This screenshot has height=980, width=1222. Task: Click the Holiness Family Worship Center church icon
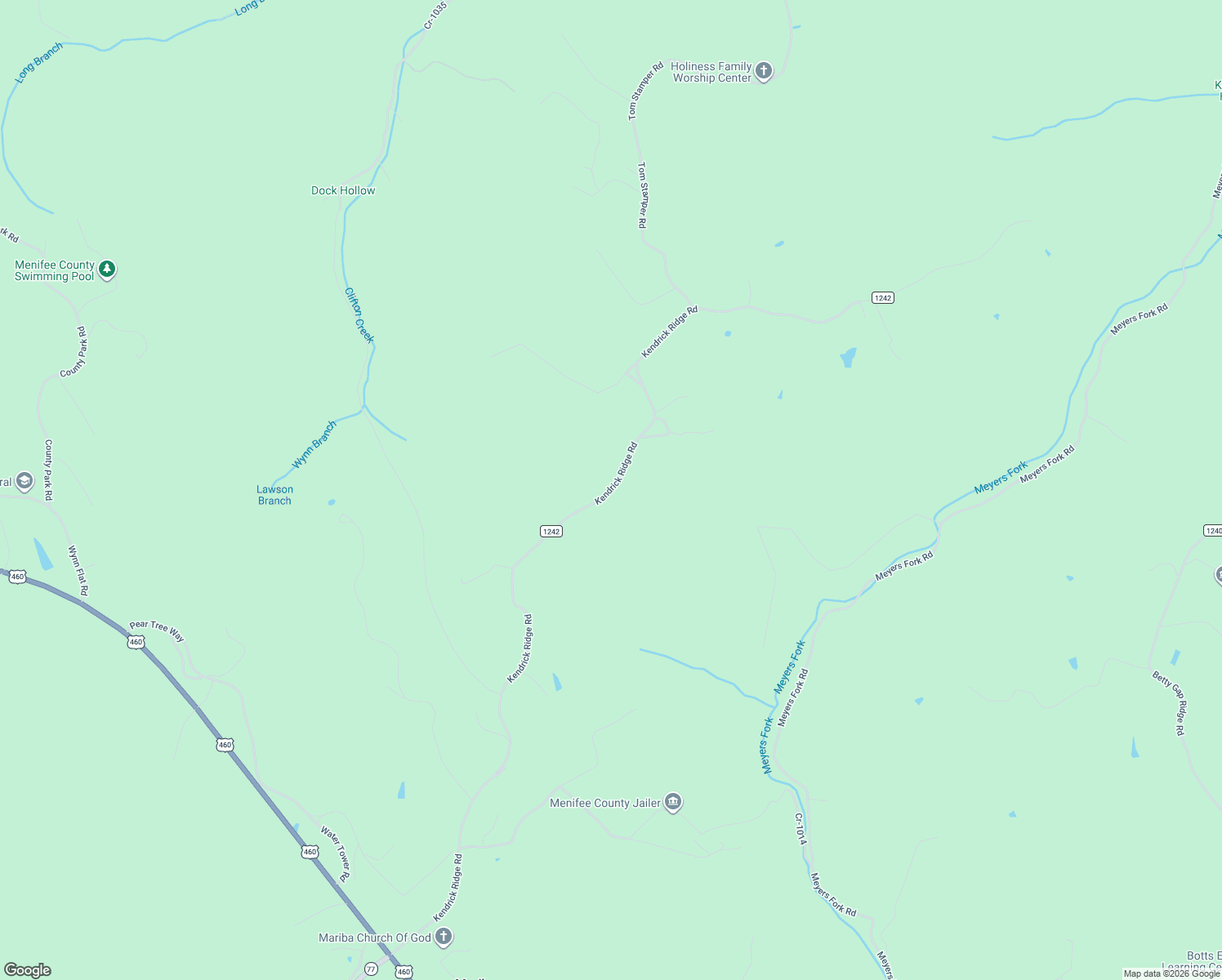pos(764,71)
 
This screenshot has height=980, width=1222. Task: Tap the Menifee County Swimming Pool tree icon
pos(107,269)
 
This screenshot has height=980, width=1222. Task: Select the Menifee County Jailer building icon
pos(672,802)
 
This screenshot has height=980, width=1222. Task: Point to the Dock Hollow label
pos(343,190)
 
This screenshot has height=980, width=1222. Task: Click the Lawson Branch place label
pos(274,495)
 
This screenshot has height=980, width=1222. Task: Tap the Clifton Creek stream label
pos(359,314)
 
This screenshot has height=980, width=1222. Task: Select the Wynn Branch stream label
pos(314,444)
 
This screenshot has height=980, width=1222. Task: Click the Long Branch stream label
pos(38,63)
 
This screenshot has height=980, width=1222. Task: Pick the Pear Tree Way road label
pos(157,630)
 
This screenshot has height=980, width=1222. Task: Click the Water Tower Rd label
pos(336,853)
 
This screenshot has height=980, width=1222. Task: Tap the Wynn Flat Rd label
pos(78,570)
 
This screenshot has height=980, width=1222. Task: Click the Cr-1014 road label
pos(801,829)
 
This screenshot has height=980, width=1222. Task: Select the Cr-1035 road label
pos(435,16)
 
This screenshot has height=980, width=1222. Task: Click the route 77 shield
pos(371,969)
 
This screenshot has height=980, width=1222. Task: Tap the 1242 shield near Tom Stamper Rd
pos(882,297)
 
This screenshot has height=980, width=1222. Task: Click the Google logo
pos(28,970)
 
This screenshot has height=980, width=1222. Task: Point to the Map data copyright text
pos(1171,973)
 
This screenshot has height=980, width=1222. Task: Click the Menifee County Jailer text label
pos(605,803)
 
